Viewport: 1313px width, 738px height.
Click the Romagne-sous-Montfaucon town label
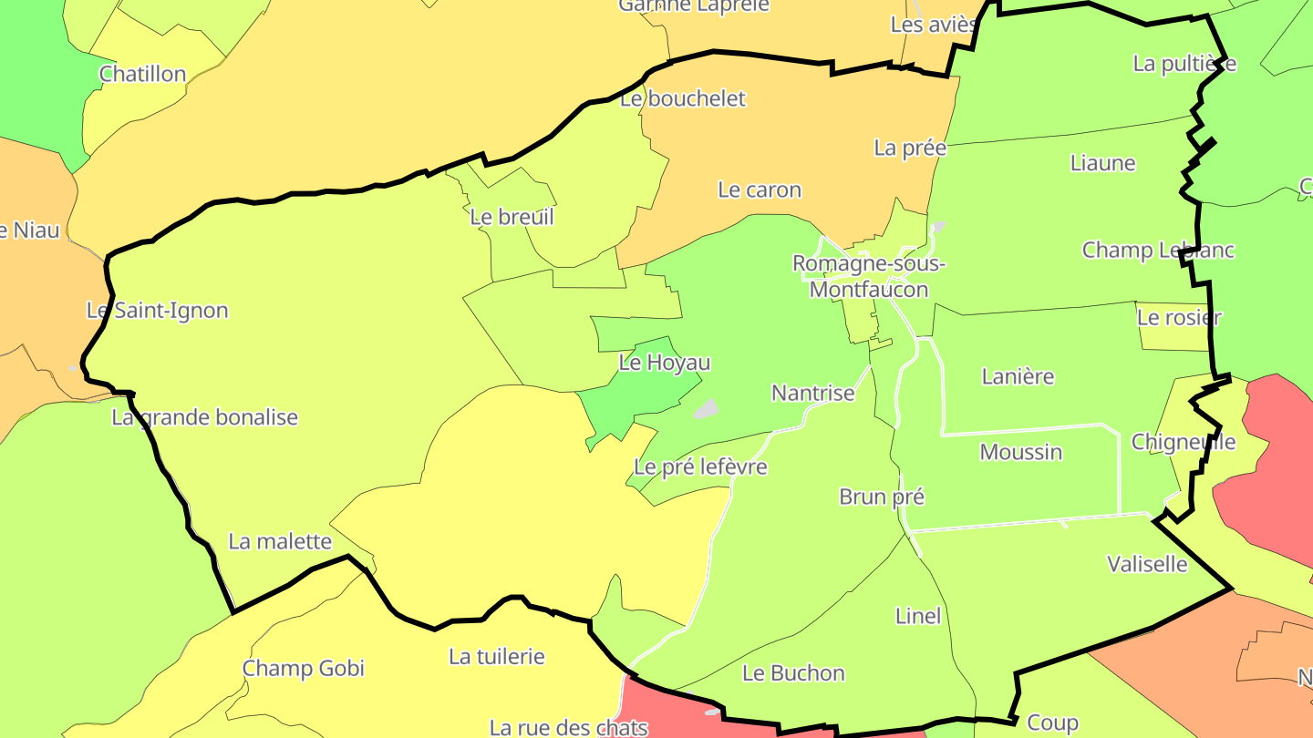869,277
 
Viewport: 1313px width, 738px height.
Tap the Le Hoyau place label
665,363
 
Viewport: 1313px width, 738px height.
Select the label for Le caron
760,190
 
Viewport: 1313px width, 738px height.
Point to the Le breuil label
512,217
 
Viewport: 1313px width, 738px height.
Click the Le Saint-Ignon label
158,311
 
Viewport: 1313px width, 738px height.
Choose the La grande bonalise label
205,417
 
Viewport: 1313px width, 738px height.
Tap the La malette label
280,541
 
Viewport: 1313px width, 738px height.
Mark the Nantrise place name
813,394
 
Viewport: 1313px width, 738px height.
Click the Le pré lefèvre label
700,467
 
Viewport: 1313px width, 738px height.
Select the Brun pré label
882,497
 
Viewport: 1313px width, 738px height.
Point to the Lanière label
1018,376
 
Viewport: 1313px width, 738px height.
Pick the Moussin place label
1021,452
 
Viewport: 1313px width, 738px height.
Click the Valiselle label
1147,564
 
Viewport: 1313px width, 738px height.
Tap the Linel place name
918,616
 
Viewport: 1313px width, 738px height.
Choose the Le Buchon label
793,673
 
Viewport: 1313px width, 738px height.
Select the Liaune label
1103,164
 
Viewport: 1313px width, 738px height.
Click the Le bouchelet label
683,98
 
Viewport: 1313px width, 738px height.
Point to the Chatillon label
142,75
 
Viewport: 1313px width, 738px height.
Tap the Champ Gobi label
304,669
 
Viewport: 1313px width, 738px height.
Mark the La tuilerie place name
497,656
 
